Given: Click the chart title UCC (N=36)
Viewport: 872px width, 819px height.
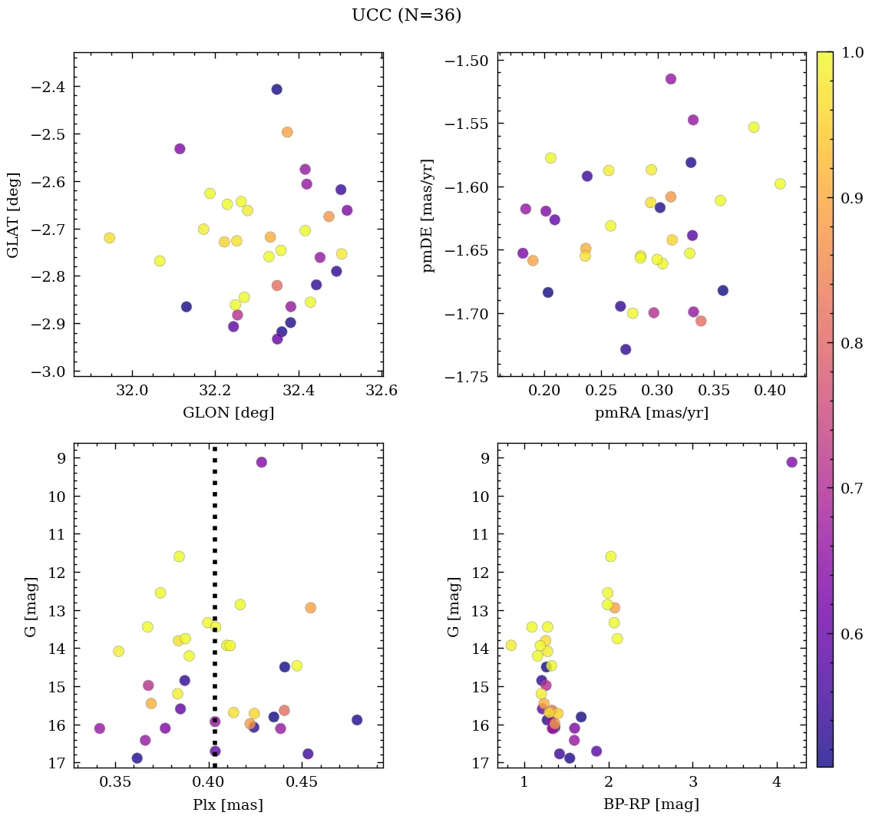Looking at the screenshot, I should (x=406, y=15).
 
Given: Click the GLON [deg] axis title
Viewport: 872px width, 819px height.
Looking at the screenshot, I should (x=228, y=413).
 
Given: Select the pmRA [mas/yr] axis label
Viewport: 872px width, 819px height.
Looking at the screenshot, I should (x=651, y=413).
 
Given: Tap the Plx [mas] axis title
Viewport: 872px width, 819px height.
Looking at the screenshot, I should (x=228, y=804).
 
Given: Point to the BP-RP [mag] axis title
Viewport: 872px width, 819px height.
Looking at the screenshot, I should (x=651, y=804).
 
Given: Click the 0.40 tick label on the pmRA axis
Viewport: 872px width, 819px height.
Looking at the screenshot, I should (x=770, y=391).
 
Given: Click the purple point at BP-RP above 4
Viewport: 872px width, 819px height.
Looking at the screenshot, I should (x=791, y=462).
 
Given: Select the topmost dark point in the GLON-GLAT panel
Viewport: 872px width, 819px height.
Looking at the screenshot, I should (x=276, y=89).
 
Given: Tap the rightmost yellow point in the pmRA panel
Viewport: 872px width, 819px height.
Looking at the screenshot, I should (x=780, y=183).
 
